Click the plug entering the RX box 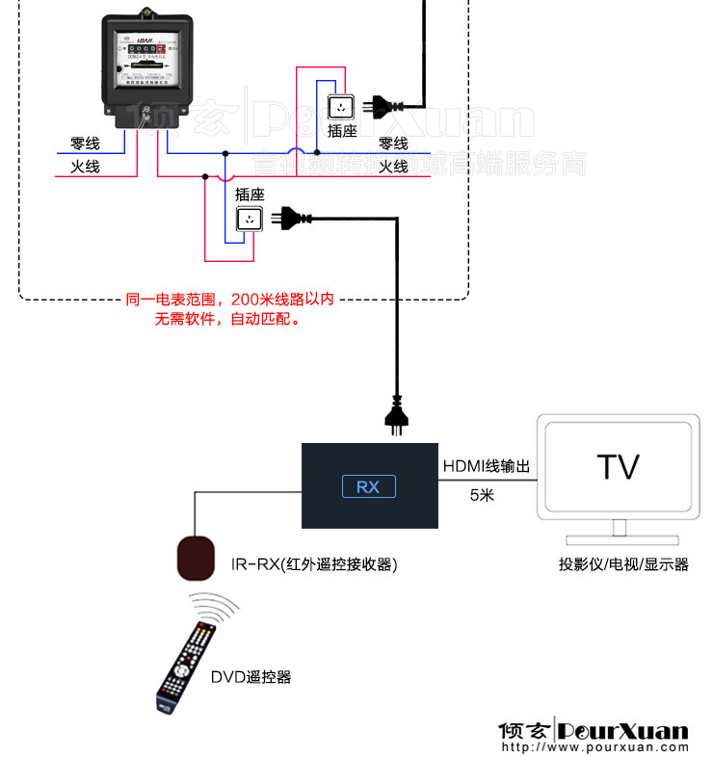point(396,415)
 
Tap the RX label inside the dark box point(368,486)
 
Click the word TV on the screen point(618,467)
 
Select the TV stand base point(617,540)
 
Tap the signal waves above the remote point(214,608)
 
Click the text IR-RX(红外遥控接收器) point(314,564)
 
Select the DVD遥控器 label point(251,677)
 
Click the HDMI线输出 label point(487,466)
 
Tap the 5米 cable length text point(482,495)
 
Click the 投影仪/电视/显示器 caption point(623,564)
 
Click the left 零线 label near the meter point(85,144)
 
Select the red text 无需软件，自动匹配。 point(227,319)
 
